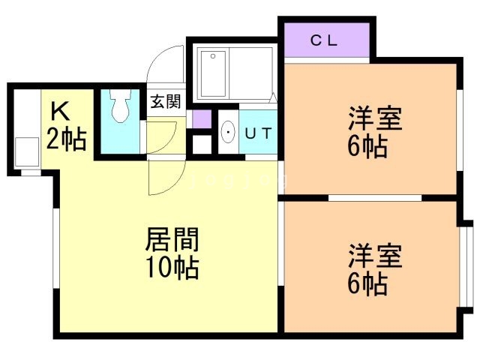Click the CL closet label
point(325,41)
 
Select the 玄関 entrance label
point(165,101)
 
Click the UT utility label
point(259,133)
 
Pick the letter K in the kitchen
point(60,112)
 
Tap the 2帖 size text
point(66,139)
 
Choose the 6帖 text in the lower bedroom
point(367,283)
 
